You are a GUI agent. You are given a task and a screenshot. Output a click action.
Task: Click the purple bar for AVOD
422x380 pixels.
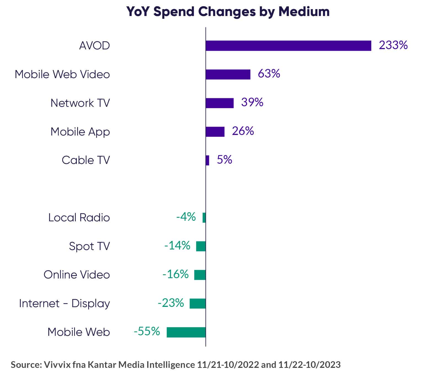pyautogui.click(x=288, y=46)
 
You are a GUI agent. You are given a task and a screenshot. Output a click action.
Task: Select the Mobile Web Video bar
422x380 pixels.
pyautogui.click(x=228, y=74)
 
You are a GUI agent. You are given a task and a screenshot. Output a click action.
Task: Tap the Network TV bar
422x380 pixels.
pyautogui.click(x=220, y=103)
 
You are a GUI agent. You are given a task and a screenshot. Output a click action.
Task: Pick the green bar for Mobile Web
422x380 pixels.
pyautogui.click(x=186, y=332)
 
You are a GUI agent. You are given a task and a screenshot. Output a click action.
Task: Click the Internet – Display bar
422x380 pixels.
pyautogui.click(x=198, y=304)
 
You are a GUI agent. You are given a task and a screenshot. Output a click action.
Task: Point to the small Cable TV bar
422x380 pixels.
pyautogui.click(x=208, y=160)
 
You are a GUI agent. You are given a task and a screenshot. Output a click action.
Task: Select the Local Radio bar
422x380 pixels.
pyautogui.click(x=204, y=218)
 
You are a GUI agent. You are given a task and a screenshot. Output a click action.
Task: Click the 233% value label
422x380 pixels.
pyautogui.click(x=393, y=45)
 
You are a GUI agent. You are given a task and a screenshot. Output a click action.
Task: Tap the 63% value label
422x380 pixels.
pyautogui.click(x=269, y=74)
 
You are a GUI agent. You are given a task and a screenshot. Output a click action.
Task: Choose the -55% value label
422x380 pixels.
pyautogui.click(x=147, y=331)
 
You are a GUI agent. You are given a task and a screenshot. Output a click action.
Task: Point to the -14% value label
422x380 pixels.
pyautogui.click(x=177, y=246)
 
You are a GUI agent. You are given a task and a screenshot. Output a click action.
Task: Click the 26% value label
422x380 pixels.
pyautogui.click(x=243, y=131)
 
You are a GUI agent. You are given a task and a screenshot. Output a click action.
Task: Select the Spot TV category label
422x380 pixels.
pyautogui.click(x=89, y=246)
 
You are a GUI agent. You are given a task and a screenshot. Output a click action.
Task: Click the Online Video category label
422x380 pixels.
pyautogui.click(x=77, y=275)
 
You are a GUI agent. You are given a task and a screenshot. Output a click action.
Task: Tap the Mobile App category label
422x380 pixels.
pyautogui.click(x=80, y=132)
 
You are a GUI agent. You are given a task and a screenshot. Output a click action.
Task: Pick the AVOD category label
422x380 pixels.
pyautogui.click(x=95, y=46)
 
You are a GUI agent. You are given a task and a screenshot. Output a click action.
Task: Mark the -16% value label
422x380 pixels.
pyautogui.click(x=176, y=274)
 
